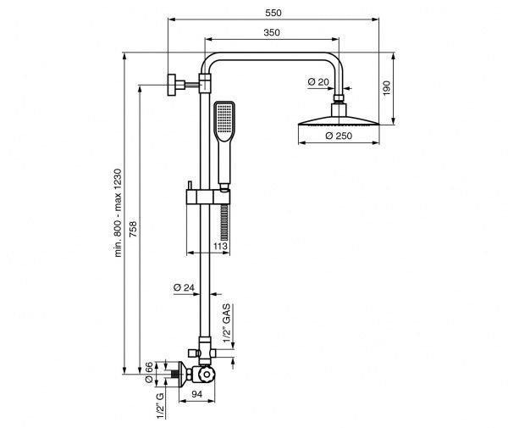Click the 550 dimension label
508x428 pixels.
coord(273,13)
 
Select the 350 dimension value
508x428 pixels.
coord(272,32)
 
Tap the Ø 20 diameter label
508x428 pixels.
coord(318,82)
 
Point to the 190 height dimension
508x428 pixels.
coord(387,88)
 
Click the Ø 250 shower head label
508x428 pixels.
coord(339,136)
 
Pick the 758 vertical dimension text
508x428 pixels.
coord(133,229)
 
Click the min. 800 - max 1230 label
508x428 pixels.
coord(118,213)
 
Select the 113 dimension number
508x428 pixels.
coord(220,247)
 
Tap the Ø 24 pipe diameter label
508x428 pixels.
coord(184,287)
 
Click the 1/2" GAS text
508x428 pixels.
coord(226,323)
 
